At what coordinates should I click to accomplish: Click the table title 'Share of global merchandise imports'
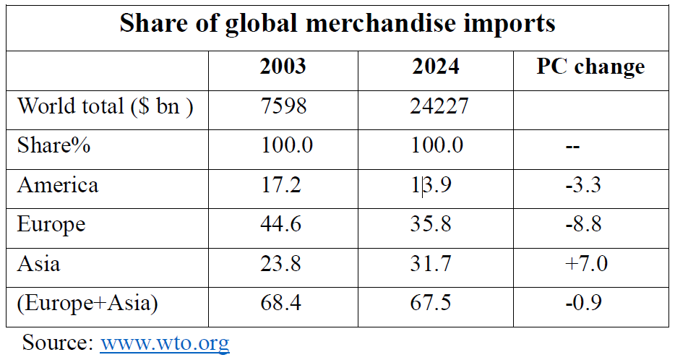click(x=337, y=24)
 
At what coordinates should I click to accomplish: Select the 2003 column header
click(x=283, y=67)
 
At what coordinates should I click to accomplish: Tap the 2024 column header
click(x=436, y=67)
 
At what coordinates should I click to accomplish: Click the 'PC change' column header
click(x=590, y=67)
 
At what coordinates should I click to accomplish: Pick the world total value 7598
click(x=283, y=106)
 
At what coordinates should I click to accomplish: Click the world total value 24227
click(x=436, y=106)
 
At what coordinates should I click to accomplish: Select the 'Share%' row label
click(x=53, y=145)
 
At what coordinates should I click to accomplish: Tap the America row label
click(x=58, y=185)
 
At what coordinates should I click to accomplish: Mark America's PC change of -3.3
click(x=584, y=185)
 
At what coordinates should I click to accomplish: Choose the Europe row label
click(x=51, y=224)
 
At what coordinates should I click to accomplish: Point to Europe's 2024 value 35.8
click(x=432, y=224)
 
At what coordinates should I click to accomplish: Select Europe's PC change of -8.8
click(x=584, y=224)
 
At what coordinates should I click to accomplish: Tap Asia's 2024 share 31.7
click(x=432, y=263)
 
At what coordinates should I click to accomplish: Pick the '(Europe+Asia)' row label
click(x=87, y=302)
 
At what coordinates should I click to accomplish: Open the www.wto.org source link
click(x=165, y=341)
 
